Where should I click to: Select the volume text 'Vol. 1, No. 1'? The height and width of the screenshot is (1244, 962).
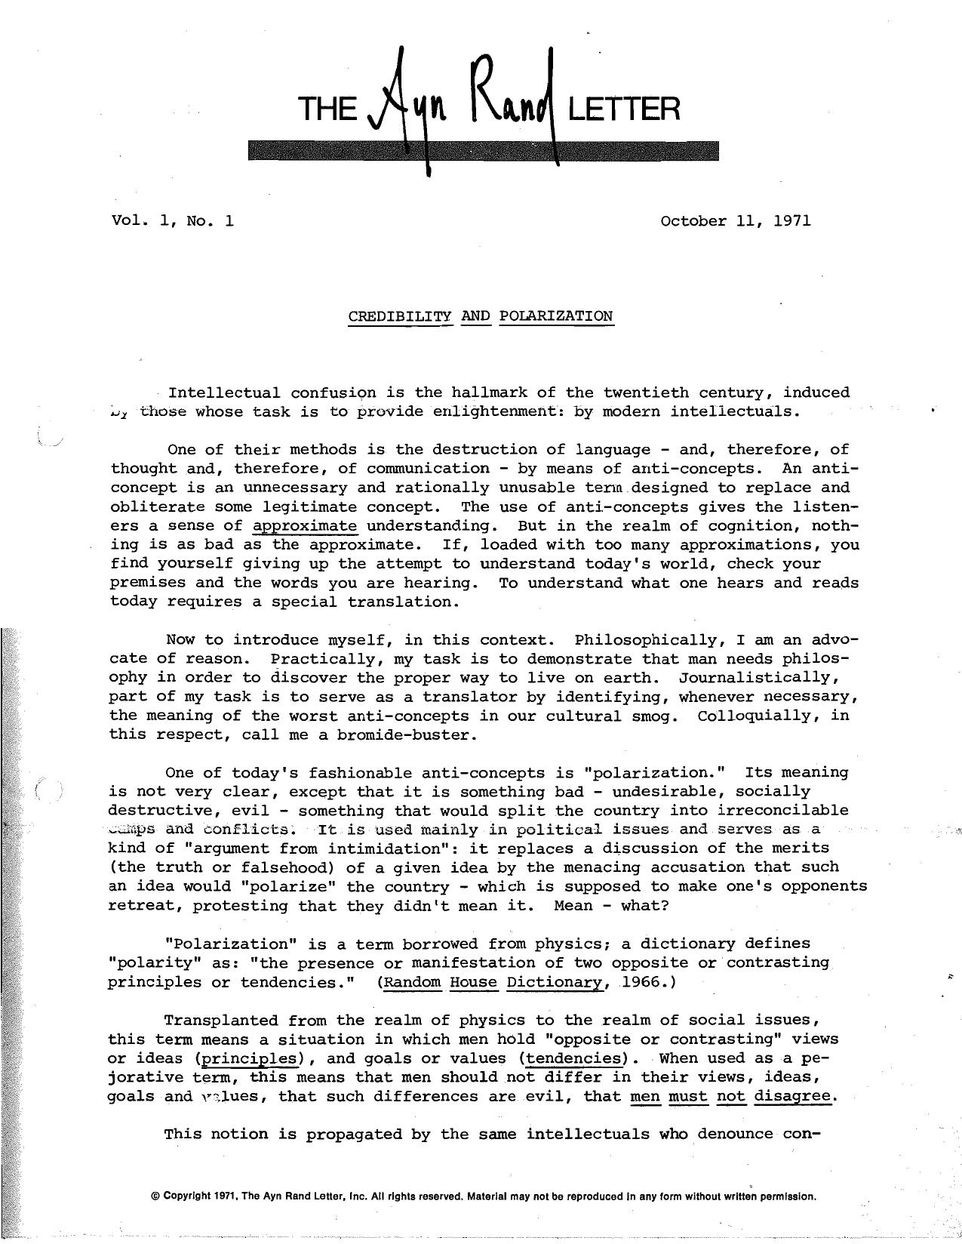[x=172, y=221]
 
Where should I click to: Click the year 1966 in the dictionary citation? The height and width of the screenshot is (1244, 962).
[x=641, y=982]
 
